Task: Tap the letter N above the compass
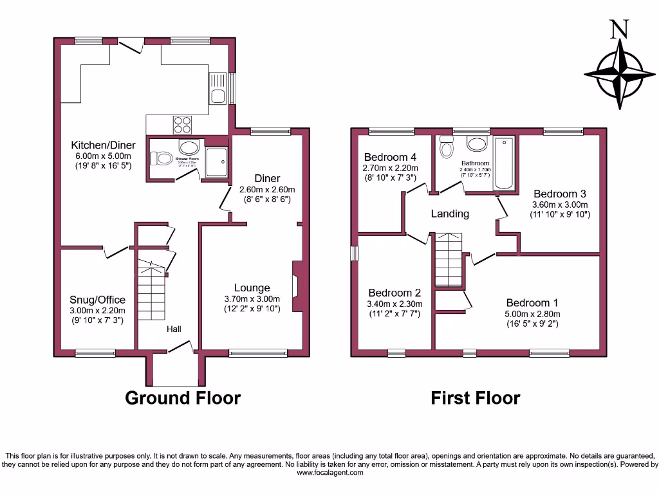point(619,29)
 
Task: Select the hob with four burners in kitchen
point(182,123)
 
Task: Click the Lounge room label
point(252,288)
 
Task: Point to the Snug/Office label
point(97,300)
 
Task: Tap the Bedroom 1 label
point(532,303)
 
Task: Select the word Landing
point(450,214)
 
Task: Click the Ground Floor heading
point(182,398)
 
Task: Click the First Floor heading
point(475,398)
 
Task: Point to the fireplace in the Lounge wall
point(297,286)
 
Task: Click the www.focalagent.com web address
point(329,473)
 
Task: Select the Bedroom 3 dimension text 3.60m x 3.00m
point(559,205)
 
